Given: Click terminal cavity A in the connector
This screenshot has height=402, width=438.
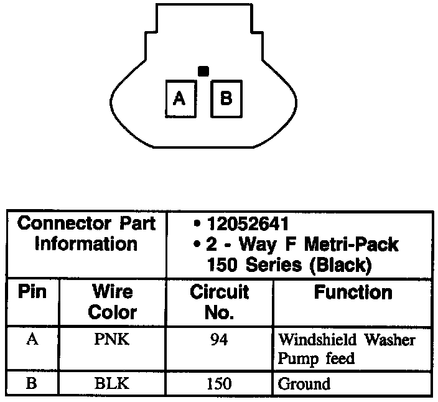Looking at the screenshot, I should (180, 98).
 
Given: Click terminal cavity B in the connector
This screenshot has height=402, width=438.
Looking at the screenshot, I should (226, 98).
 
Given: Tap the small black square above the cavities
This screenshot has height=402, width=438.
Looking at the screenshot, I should (203, 72).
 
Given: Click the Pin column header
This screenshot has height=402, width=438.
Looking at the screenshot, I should (33, 292).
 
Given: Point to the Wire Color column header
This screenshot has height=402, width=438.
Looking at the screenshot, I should (112, 302).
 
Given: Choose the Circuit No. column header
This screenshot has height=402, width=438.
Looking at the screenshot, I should (219, 302).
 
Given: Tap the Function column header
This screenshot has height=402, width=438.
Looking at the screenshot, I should (353, 292).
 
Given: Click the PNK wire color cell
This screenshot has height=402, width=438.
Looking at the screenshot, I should (112, 340).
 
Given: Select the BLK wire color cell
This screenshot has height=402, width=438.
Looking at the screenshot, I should (112, 384).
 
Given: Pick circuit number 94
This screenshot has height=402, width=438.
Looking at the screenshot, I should (219, 340).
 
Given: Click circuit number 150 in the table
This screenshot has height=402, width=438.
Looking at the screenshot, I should (219, 384).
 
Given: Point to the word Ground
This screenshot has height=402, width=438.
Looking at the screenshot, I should (304, 384).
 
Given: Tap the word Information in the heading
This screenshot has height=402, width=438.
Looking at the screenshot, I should (86, 244).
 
